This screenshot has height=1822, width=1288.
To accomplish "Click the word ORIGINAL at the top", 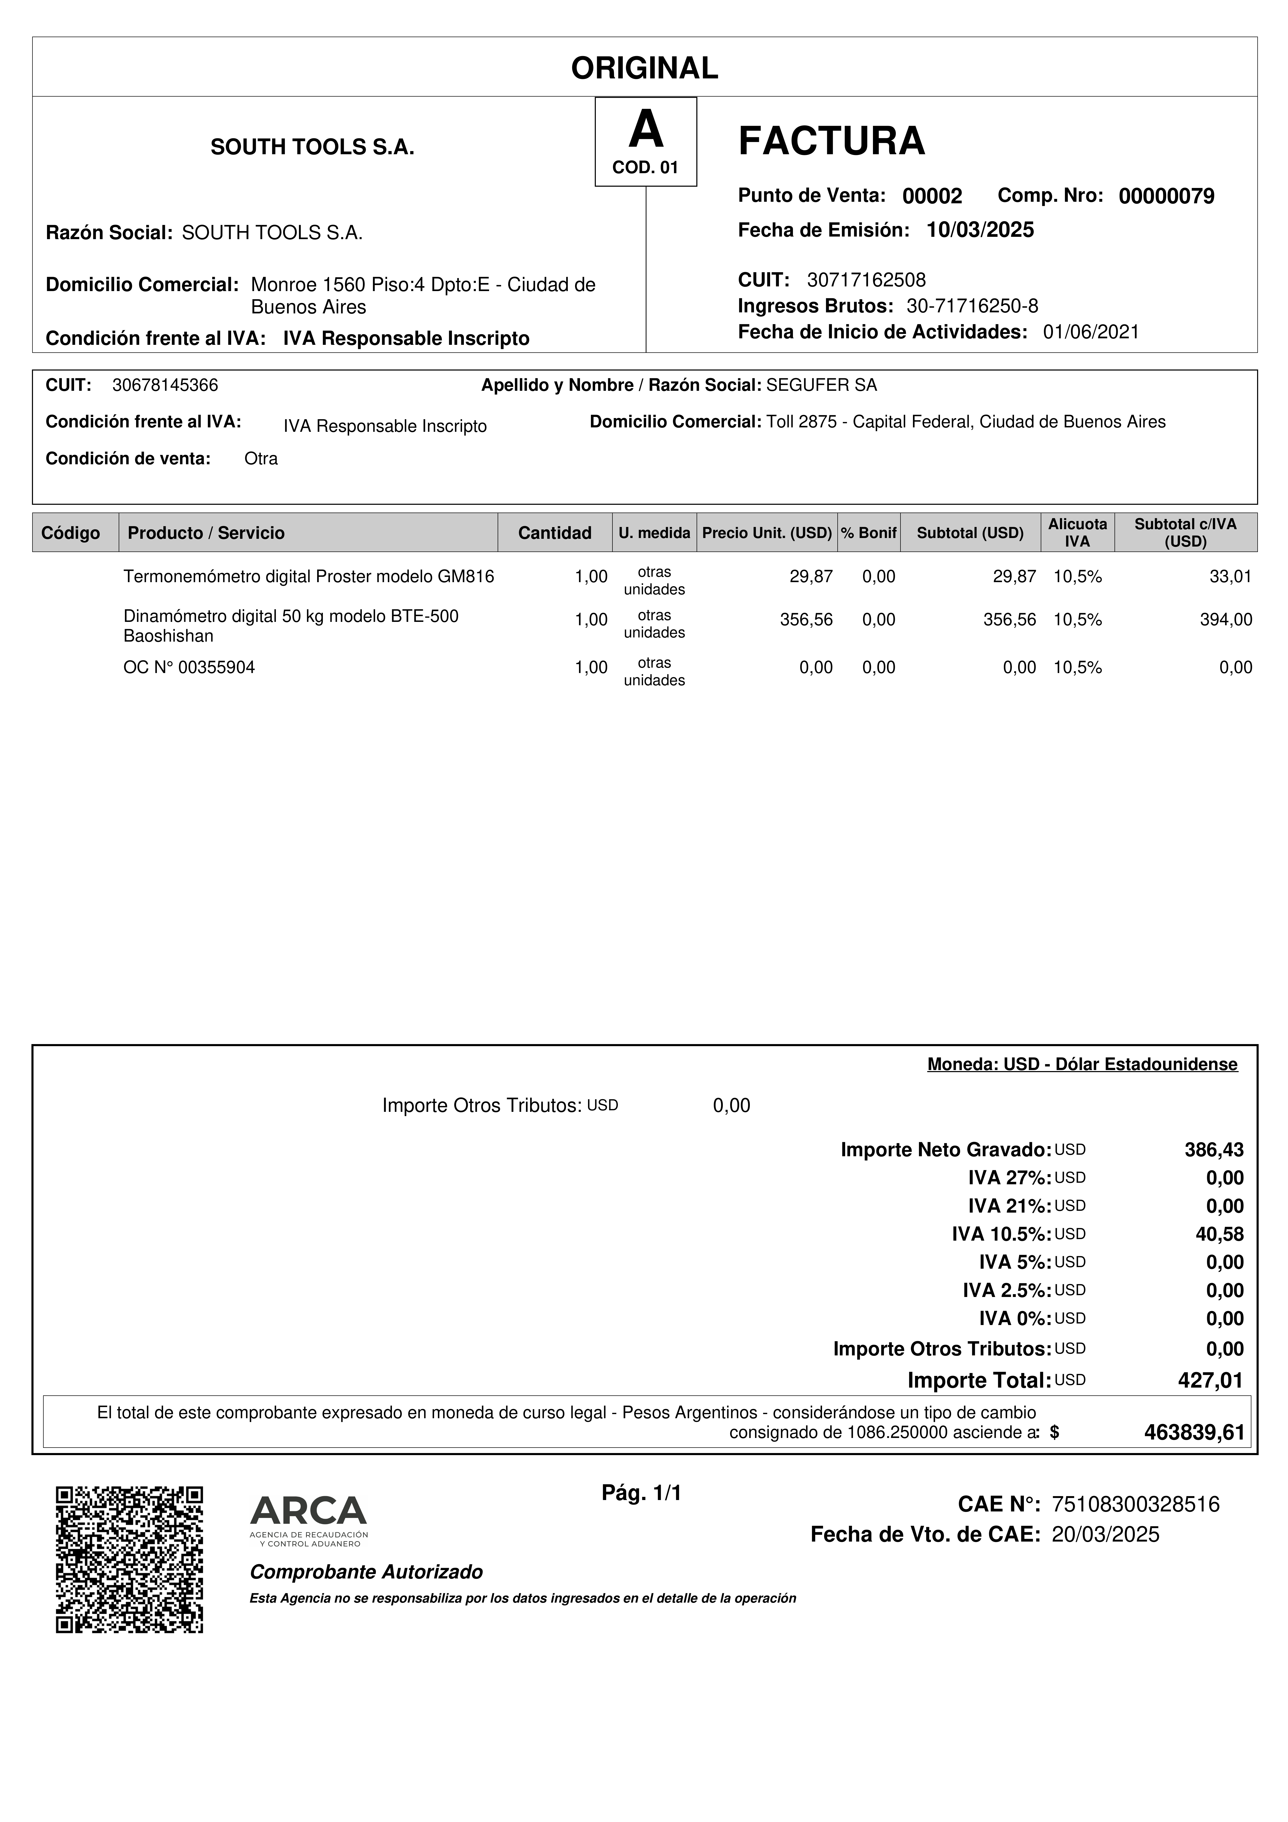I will (644, 68).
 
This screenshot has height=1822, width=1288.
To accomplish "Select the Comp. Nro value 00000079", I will (1166, 196).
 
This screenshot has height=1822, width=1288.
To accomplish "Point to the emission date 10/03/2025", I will (980, 230).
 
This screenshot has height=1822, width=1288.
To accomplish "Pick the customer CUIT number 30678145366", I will (165, 386).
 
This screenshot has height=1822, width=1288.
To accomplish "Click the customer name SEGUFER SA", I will (821, 386).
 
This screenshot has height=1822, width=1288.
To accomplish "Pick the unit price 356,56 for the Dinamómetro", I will (806, 620).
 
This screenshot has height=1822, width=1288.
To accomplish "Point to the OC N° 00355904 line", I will (189, 667).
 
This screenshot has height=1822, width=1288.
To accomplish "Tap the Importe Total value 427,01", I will (1210, 1381).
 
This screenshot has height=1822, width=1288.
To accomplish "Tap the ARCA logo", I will (309, 1520).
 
